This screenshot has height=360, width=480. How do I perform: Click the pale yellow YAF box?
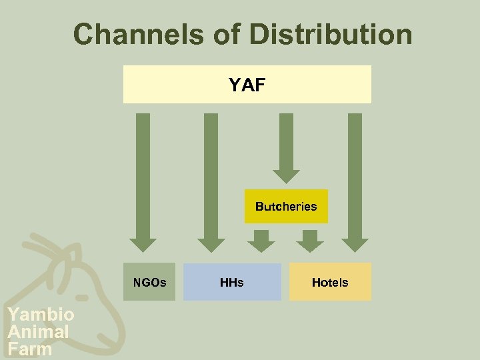(247, 85)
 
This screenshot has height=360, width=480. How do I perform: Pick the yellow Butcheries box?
(286, 206)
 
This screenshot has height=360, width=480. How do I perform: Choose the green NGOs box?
(149, 282)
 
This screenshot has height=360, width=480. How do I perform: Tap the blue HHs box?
(232, 282)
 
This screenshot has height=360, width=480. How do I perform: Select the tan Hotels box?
(330, 282)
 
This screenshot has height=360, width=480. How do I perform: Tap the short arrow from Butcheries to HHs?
(261, 240)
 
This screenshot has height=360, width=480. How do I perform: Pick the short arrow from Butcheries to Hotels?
(309, 240)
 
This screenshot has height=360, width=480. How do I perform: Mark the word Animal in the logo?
(38, 331)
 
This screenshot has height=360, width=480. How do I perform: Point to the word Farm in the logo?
(29, 349)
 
